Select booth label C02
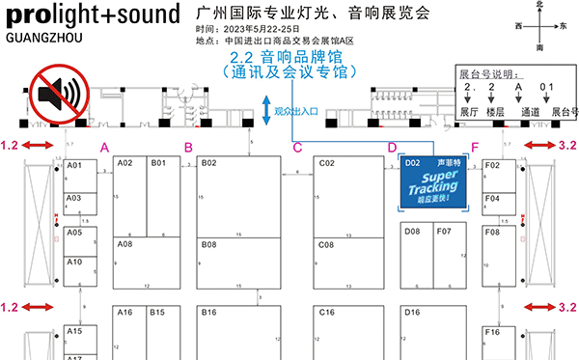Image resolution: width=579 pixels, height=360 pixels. [326, 164]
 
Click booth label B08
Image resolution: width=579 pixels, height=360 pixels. [209, 245]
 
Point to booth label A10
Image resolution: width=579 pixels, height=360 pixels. [74, 263]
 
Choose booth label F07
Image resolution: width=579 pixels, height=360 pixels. [443, 232]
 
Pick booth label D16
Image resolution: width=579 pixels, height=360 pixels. [412, 313]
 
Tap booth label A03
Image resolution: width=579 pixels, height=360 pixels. [74, 198]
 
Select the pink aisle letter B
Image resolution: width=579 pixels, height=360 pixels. [189, 147]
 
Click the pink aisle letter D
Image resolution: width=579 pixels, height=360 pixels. [392, 147]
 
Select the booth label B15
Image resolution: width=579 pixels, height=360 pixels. [157, 313]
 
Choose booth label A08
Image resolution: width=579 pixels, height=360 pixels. [124, 245]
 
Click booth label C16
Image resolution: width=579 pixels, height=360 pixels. [326, 313]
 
